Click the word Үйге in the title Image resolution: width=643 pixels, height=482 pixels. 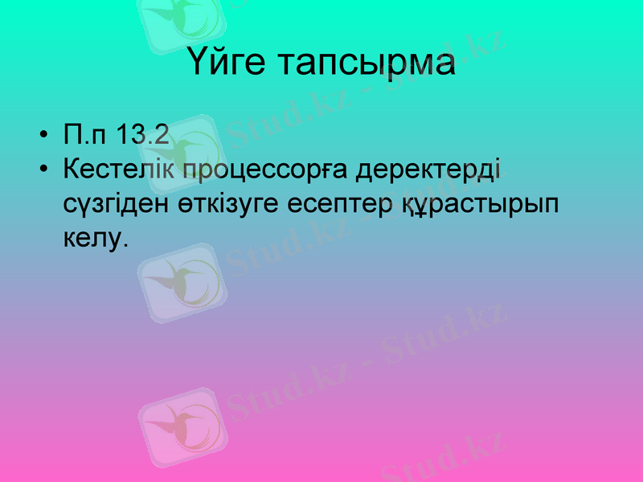pyautogui.click(x=227, y=63)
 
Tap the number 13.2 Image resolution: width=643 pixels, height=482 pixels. pyautogui.click(x=142, y=135)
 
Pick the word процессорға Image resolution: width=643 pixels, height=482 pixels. pyautogui.click(x=265, y=171)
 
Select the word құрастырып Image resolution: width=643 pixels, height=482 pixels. pyautogui.click(x=480, y=204)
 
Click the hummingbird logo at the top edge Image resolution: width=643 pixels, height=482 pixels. pyautogui.click(x=180, y=20)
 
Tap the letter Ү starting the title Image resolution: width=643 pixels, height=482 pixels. pyautogui.click(x=200, y=63)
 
